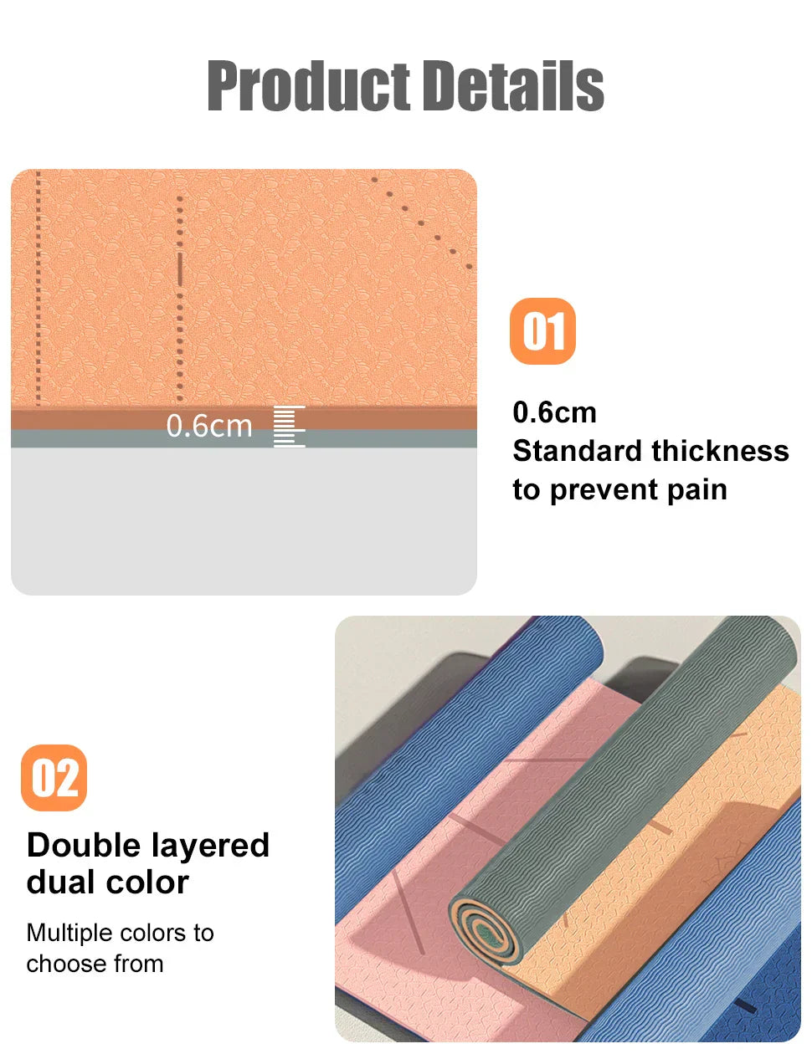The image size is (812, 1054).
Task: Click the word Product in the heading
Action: [308, 86]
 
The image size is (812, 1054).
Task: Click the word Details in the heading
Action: [512, 86]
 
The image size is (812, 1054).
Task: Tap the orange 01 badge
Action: [542, 331]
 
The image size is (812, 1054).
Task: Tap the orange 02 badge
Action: [54, 778]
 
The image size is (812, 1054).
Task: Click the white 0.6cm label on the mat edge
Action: [209, 426]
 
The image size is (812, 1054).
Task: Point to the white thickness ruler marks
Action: [290, 427]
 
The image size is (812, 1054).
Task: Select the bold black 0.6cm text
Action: [554, 412]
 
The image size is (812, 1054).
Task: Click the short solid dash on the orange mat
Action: [179, 269]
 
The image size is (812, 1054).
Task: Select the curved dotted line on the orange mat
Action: [423, 222]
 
